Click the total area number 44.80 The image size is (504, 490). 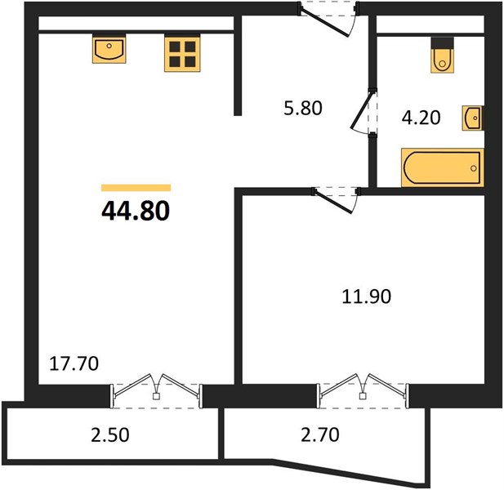(136, 211)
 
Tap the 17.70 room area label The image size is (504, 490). (74, 364)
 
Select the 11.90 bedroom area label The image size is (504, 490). (367, 296)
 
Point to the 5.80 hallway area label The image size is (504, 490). (303, 108)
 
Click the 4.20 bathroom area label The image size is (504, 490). (421, 118)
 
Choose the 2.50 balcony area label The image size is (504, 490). (110, 434)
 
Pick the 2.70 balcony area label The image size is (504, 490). (320, 434)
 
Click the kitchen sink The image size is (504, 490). (109, 48)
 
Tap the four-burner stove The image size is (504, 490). (182, 53)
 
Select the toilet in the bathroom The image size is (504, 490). (443, 56)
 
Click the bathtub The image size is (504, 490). (443, 167)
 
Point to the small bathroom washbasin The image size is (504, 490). (472, 118)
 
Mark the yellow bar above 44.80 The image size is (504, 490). (136, 188)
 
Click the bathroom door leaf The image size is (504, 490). (362, 111)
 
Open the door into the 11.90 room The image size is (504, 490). (332, 202)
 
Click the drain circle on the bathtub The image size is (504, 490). (474, 168)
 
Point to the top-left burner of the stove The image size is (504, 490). (175, 47)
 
